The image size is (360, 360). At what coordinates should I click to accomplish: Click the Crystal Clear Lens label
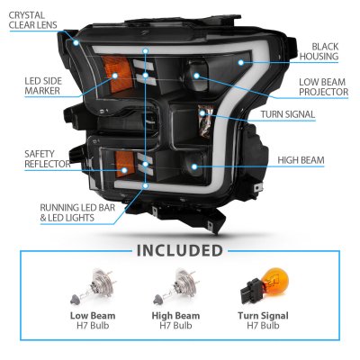pos(32,20)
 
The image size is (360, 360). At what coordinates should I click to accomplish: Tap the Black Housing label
pos(319,51)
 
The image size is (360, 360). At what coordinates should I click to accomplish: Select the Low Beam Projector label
pos(324,86)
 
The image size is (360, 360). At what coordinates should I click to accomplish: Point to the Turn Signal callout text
pos(288,114)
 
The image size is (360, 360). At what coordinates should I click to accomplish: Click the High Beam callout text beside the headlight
pos(301,160)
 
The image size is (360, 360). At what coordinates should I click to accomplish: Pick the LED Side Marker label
pos(43,85)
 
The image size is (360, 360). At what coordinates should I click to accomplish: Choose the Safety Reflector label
pos(48,159)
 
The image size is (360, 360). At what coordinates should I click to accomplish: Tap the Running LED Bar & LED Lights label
pos(77,212)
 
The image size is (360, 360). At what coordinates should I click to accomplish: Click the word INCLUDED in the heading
pos(180,251)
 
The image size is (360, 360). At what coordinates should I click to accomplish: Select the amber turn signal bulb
pos(265,287)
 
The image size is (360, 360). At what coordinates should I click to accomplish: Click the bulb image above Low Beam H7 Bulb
pos(93,287)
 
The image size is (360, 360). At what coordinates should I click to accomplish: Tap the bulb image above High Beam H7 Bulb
pos(175,287)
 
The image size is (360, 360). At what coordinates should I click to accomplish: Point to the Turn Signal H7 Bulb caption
pos(263,320)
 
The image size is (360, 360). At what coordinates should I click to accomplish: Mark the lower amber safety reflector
pos(124,164)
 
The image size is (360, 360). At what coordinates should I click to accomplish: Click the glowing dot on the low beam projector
pos(196,76)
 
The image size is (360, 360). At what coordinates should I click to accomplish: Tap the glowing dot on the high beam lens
pos(194,166)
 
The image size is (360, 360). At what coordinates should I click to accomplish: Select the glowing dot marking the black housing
pos(240,62)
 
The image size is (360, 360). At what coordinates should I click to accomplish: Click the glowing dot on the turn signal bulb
pos(202,113)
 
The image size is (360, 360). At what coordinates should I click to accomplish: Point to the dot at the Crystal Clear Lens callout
pos(76,43)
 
